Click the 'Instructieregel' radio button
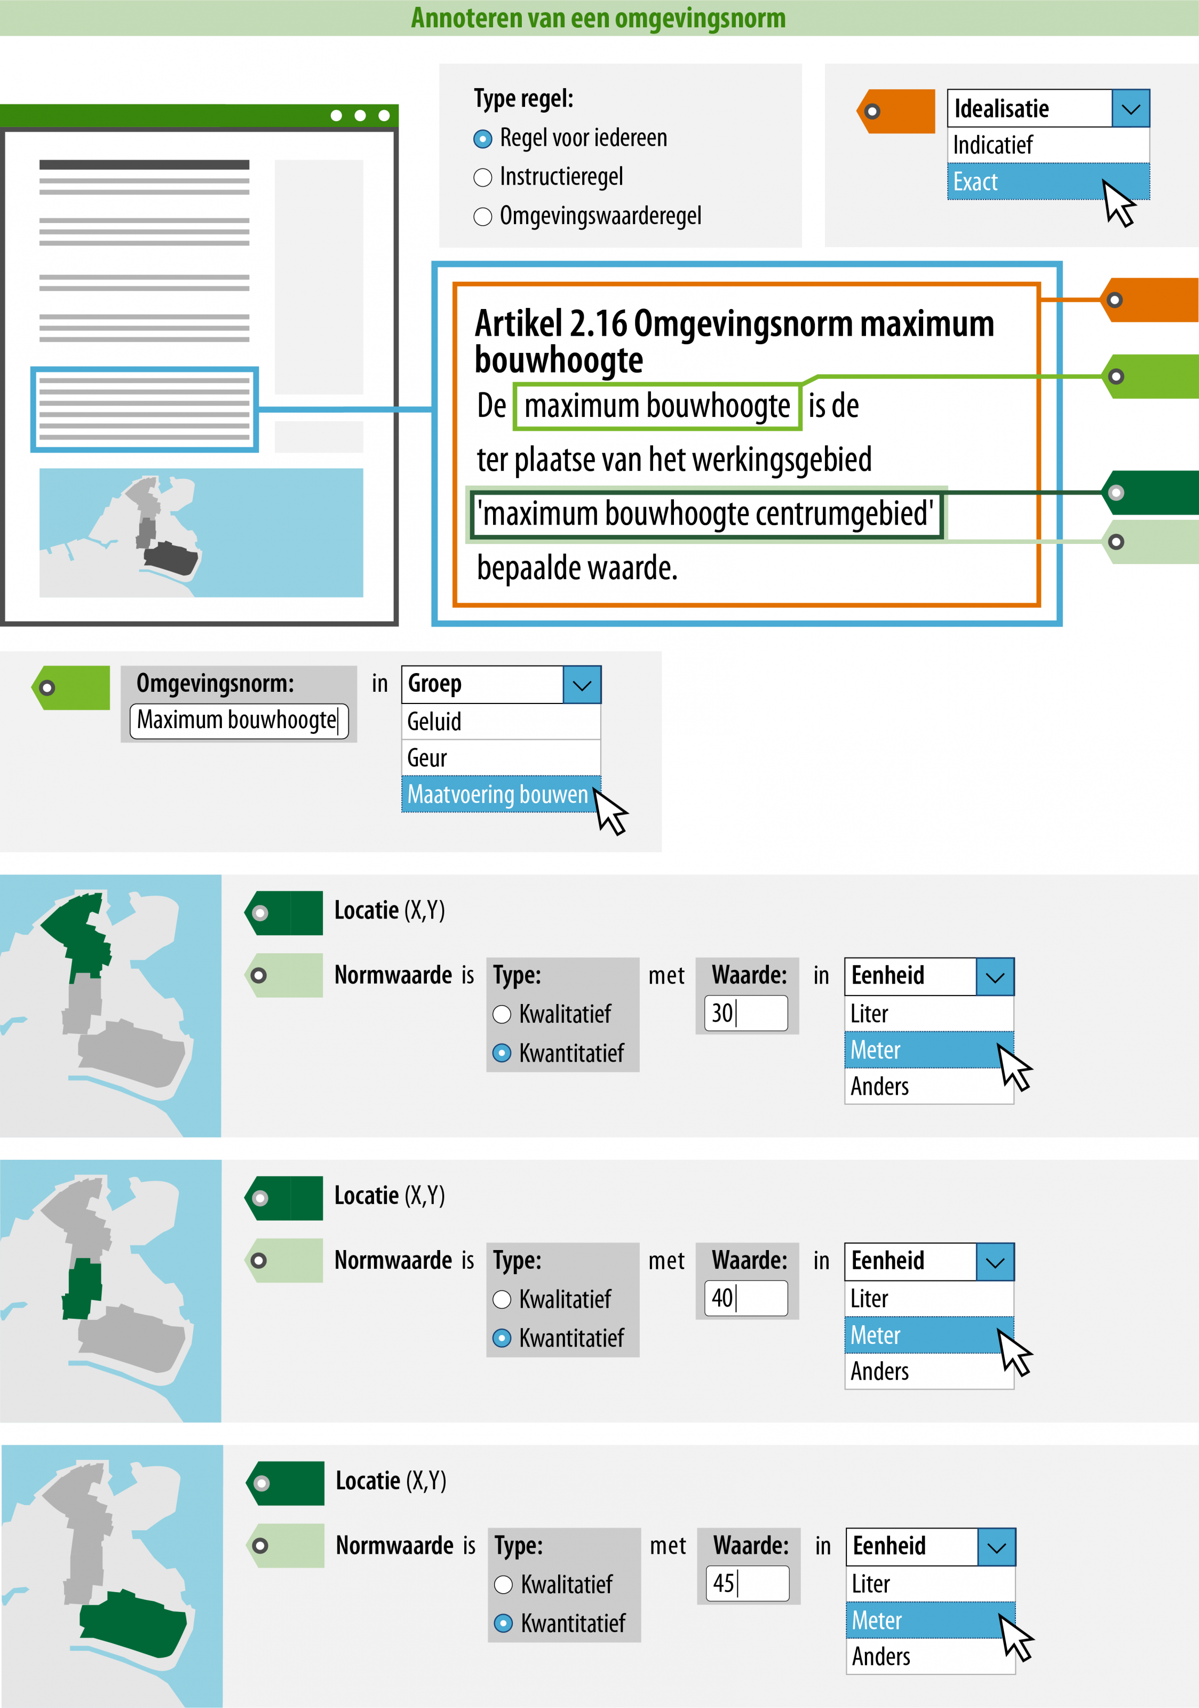point(483,178)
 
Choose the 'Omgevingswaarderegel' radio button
point(483,217)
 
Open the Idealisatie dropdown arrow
point(1131,108)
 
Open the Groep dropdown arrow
point(582,684)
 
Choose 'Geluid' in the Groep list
point(501,722)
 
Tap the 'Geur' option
point(501,758)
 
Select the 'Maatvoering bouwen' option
point(498,795)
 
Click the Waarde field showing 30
point(746,1013)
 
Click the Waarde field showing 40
point(746,1298)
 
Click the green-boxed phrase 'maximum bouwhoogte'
point(657,406)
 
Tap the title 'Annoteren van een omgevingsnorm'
point(598,18)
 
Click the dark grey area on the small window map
point(171,557)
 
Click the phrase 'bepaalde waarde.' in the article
point(577,568)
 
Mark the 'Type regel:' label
point(523,98)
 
